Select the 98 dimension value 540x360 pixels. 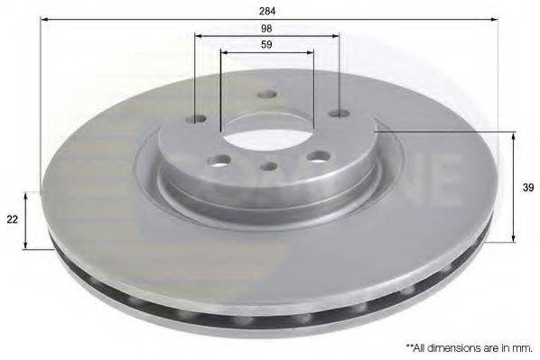point(267,29)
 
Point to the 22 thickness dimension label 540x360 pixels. point(12,219)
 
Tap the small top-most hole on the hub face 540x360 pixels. point(266,95)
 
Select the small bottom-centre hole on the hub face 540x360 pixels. point(268,166)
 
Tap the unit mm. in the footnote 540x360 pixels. point(523,346)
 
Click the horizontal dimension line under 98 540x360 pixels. point(267,37)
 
